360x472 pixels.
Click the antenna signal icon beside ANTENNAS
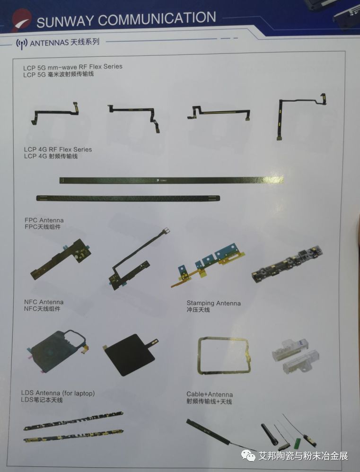21,43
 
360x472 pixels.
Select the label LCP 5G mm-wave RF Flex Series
73,67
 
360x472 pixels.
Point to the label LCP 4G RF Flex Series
58,149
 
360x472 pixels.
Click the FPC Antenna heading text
44,220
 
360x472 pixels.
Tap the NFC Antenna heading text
44,302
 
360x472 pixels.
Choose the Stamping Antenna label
213,303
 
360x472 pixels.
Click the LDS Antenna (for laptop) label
58,393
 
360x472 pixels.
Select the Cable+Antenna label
210,394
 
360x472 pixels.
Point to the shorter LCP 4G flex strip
130,198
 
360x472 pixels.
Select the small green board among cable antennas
297,444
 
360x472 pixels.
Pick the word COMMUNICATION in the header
157,19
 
